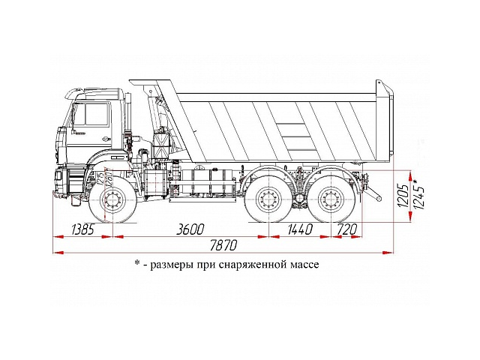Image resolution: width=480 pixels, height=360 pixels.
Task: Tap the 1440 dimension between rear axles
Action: pos(299,229)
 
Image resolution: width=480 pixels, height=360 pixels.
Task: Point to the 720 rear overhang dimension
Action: pos(346,229)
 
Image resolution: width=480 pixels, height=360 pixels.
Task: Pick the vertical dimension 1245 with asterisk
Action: pos(418,193)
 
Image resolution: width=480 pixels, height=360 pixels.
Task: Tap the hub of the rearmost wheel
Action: pos(329,201)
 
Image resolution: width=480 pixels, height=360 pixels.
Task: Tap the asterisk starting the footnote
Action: pos(137,264)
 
